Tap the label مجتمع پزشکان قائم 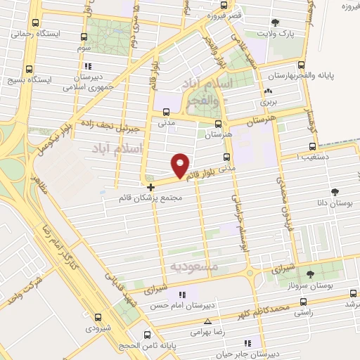click(151, 198)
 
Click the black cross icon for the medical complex click(151, 187)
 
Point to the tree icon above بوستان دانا click(334, 191)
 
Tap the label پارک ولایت click(275, 33)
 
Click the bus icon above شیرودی click(98, 318)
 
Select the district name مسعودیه click(195, 268)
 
